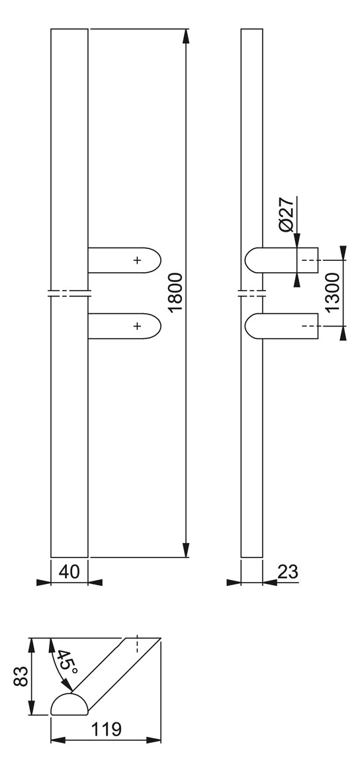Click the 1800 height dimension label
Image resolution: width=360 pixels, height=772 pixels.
click(x=175, y=292)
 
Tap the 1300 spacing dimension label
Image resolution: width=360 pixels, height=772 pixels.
click(x=332, y=292)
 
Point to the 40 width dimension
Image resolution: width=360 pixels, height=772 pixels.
click(x=69, y=571)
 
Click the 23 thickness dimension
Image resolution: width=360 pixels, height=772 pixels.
click(x=288, y=571)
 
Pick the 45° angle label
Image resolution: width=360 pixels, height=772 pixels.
click(x=66, y=662)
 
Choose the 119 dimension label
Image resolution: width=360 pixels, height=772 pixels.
click(x=107, y=728)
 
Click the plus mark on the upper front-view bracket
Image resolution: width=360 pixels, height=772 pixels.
click(x=137, y=260)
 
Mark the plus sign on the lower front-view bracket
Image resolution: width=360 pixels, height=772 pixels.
click(x=137, y=326)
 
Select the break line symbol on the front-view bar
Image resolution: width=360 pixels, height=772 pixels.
click(x=69, y=293)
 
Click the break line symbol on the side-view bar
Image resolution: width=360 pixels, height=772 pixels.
click(x=252, y=293)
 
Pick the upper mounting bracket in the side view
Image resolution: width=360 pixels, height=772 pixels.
click(x=282, y=260)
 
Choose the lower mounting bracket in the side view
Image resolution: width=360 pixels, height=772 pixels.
click(x=282, y=326)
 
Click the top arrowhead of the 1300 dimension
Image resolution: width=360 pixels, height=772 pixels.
click(x=343, y=252)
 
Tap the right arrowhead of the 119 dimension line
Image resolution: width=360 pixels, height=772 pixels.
click(x=154, y=740)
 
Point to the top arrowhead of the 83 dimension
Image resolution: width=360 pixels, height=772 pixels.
click(x=32, y=645)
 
